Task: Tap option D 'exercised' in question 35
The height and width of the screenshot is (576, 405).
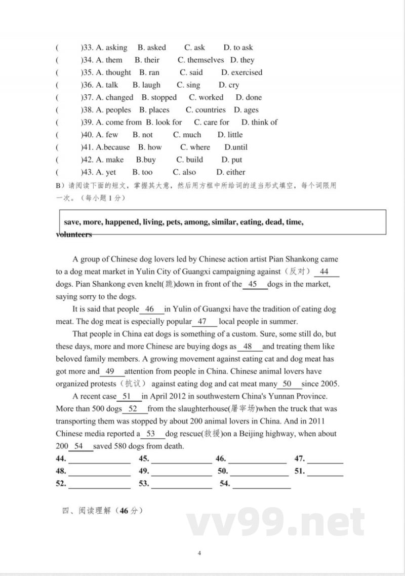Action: coord(242,72)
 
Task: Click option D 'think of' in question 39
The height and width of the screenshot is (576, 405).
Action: coord(259,122)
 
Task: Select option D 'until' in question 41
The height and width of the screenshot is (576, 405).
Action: coord(236,147)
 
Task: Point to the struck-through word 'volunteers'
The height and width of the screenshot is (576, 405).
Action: coord(74,235)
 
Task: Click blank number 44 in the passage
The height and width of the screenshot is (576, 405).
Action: coord(325,272)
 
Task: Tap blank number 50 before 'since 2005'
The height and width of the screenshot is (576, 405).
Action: coord(287,384)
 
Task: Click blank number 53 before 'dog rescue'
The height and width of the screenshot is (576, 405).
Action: coord(150,434)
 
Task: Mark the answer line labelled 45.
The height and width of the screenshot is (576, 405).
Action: coord(181,459)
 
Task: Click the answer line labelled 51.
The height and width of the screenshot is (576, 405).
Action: coord(325,472)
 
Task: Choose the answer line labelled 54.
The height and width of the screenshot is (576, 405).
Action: coord(262,484)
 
